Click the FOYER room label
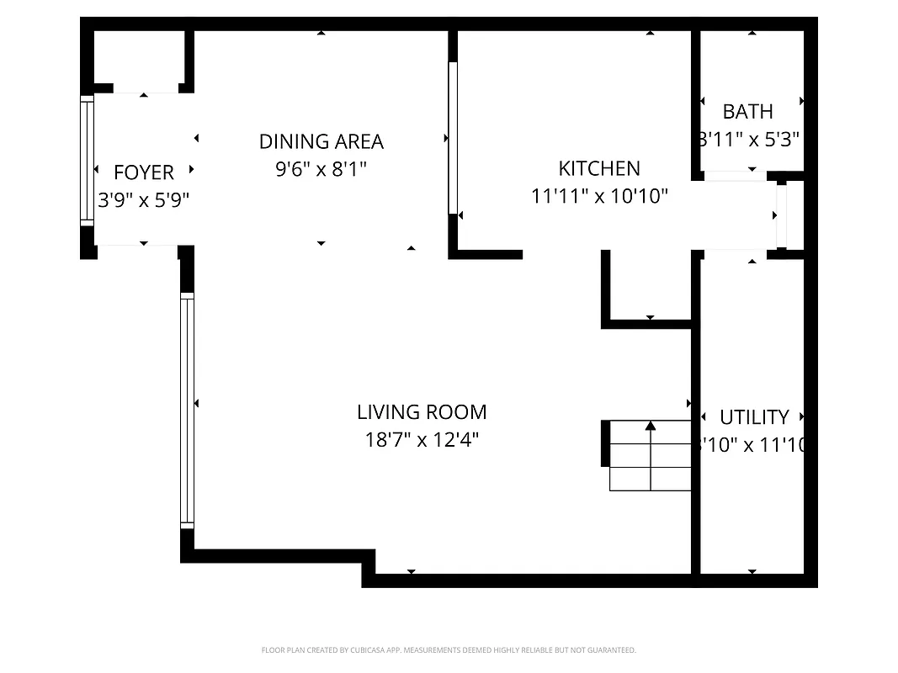click(143, 172)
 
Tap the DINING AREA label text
click(321, 141)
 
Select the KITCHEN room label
click(599, 168)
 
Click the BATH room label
click(747, 111)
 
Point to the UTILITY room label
click(754, 417)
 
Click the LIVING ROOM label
click(422, 412)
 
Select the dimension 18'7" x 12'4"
click(422, 440)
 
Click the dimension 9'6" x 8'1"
click(321, 169)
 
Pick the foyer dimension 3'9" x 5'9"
click(143, 200)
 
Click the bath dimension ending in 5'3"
click(748, 140)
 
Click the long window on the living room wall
click(187, 410)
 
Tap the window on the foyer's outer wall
click(87, 160)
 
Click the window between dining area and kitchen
click(453, 138)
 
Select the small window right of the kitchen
click(781, 215)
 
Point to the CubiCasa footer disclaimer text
click(449, 650)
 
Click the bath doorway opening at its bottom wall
click(734, 176)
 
